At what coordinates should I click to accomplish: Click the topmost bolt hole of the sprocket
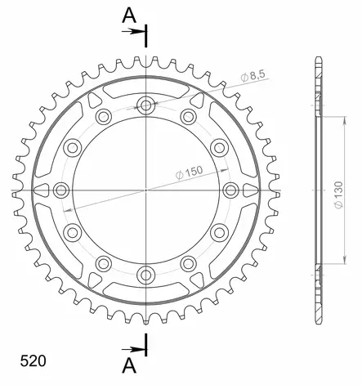(146, 105)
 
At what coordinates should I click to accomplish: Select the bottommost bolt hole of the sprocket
(146, 273)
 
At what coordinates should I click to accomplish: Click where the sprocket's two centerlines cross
(146, 189)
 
